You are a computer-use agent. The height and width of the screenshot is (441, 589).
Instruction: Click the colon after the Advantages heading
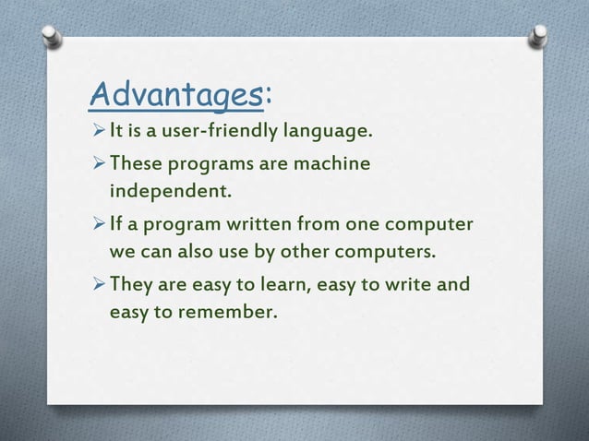click(268, 93)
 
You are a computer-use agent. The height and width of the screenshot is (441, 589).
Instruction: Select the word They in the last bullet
click(132, 283)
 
